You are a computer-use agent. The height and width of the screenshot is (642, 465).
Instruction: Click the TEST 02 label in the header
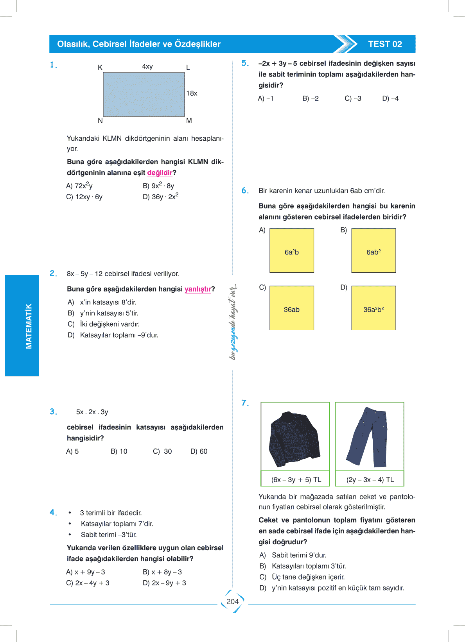click(x=385, y=44)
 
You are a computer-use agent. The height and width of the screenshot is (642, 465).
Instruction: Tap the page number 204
click(x=233, y=601)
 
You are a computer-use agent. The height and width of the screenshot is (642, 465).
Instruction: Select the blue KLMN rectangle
click(x=144, y=94)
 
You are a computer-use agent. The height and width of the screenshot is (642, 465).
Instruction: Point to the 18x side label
click(x=192, y=93)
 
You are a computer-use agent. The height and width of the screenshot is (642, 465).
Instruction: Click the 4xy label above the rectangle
click(x=147, y=66)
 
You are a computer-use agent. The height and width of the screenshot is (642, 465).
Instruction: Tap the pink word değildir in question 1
click(x=160, y=173)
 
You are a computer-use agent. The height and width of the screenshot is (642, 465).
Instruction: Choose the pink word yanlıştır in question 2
click(x=197, y=289)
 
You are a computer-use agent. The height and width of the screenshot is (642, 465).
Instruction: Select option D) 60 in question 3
click(x=199, y=451)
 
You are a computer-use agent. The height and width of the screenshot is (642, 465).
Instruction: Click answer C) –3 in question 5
click(x=353, y=98)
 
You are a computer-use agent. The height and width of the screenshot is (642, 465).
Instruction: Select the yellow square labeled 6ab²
click(x=373, y=250)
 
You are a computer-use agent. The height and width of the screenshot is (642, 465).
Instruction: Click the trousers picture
click(x=369, y=437)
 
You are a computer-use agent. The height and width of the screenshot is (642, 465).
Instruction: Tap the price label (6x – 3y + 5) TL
click(x=296, y=479)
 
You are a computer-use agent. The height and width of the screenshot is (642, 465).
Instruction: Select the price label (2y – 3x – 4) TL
click(x=370, y=479)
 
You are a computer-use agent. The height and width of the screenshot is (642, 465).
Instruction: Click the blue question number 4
click(x=53, y=512)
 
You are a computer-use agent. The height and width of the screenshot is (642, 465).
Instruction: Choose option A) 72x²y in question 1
click(x=79, y=186)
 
